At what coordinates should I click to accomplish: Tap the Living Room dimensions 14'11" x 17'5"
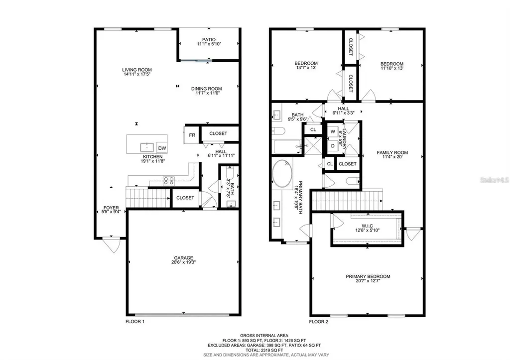[137, 74]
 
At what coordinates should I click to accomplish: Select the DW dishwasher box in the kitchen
[162, 148]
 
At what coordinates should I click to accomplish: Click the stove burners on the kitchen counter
[167, 181]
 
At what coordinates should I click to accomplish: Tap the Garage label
[184, 257]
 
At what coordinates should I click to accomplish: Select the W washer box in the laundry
[332, 132]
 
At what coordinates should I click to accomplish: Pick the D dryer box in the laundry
[332, 146]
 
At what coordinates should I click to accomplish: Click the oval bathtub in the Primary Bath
[283, 173]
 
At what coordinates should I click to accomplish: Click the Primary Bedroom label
[368, 276]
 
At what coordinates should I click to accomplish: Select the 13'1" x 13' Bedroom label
[306, 63]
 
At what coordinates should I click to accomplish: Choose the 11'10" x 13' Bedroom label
[392, 64]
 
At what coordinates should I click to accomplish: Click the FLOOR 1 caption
[135, 322]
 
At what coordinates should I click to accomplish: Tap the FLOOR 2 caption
[319, 322]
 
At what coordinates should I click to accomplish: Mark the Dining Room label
[207, 89]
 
